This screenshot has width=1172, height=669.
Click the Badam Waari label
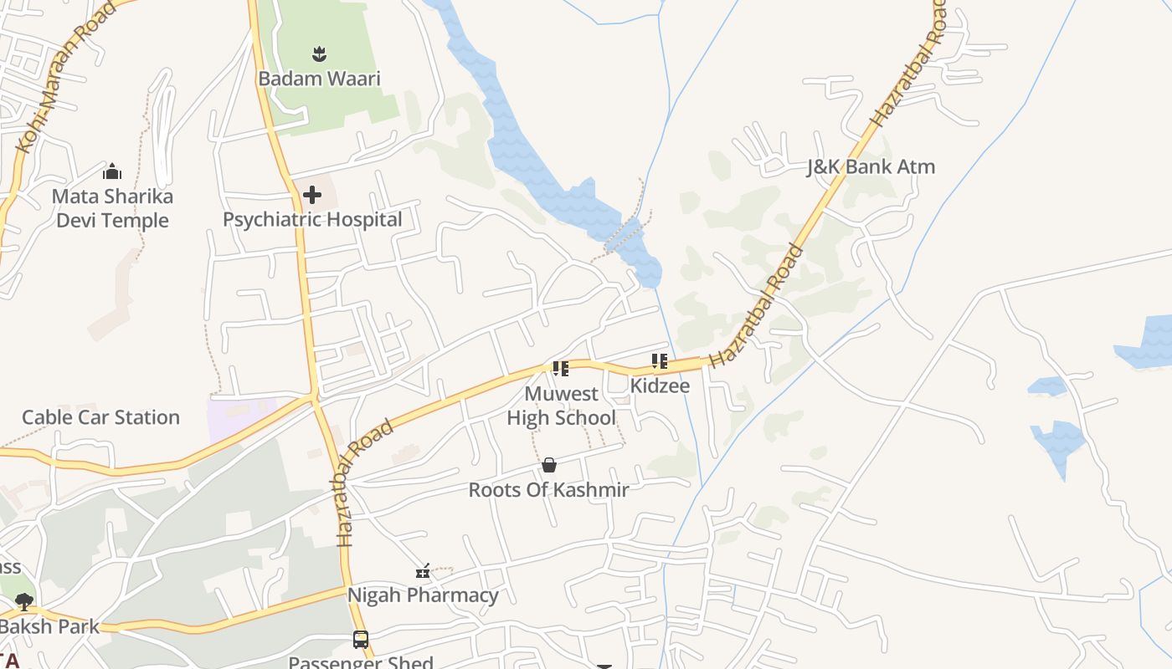pos(319,79)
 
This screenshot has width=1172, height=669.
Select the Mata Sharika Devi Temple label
pos(112,208)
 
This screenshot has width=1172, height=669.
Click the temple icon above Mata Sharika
pos(112,172)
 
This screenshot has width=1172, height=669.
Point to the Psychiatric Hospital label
pos(312,220)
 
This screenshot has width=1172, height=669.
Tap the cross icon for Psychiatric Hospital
pos(312,196)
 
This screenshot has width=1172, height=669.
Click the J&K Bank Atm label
pos(871,166)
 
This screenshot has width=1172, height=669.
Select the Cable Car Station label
pos(100,417)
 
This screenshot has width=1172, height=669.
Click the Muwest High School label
pos(561,406)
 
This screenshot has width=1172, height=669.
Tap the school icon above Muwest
pos(560,368)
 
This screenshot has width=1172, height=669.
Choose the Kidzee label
pos(660,386)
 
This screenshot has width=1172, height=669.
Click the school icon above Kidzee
pos(659,361)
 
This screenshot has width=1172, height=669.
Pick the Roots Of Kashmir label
pos(548,490)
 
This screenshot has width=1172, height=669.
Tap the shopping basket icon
pos(549,465)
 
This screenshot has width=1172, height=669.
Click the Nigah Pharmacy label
pos(423,595)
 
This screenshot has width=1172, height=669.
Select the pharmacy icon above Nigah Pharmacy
pos(423,572)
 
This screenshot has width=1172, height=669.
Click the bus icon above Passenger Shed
pos(361,640)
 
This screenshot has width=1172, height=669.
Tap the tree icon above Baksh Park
pos(23,601)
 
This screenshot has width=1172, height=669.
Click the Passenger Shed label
pos(361,662)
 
